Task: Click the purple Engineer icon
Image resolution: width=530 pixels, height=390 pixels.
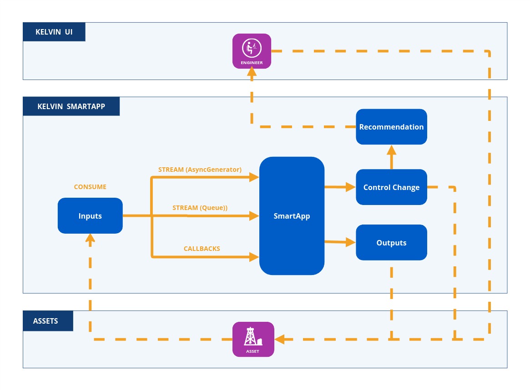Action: pos(252,51)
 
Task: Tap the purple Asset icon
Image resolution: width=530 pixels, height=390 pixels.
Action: pos(253,339)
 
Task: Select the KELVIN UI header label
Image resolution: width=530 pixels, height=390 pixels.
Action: pos(54,32)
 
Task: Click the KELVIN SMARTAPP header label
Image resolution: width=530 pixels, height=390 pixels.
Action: pos(71,106)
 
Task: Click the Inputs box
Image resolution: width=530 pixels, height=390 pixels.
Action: pos(90,216)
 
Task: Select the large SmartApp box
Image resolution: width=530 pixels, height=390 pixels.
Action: pos(292,216)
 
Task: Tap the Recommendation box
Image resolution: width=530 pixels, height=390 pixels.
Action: pos(391,127)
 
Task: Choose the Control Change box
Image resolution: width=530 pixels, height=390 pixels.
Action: pos(391,187)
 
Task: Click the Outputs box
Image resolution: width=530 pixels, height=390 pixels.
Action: pos(391,243)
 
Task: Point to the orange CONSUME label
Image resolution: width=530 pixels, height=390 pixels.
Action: pos(90,187)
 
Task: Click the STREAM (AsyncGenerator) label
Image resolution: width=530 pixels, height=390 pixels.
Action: pos(200,170)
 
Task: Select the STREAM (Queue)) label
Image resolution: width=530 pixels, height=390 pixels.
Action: pos(200,208)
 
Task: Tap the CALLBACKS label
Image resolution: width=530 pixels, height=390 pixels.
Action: pos(202,249)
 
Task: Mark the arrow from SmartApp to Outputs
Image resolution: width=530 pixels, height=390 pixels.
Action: pos(340,242)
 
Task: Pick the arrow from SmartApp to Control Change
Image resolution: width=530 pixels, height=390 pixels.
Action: pos(340,187)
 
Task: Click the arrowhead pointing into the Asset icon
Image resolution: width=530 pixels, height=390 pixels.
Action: pos(279,339)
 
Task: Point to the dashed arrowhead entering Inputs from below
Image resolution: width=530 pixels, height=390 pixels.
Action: pos(90,239)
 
